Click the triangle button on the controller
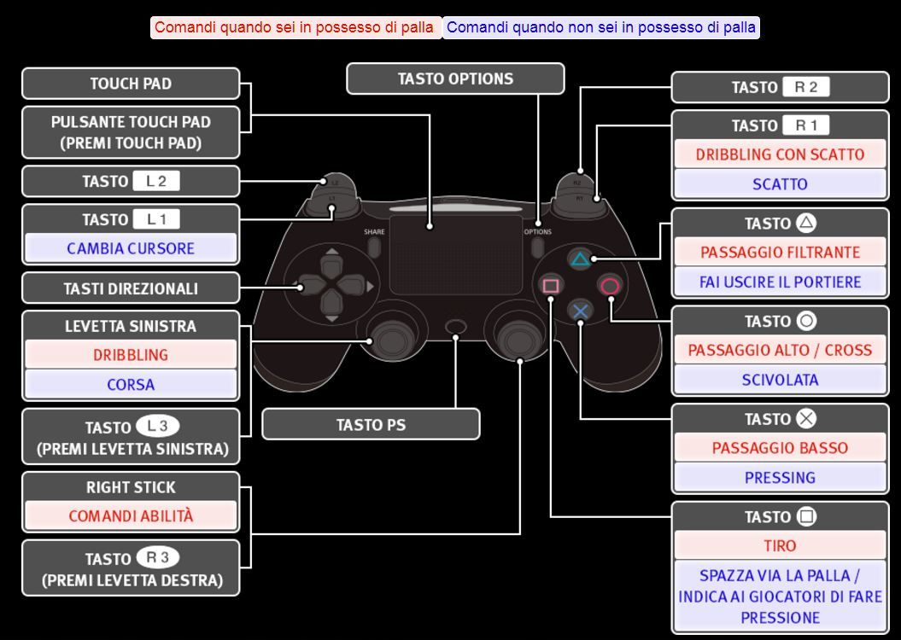click(581, 259)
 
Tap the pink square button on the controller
click(551, 286)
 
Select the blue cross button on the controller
click(581, 311)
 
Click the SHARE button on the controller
click(374, 246)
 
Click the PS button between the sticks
click(457, 327)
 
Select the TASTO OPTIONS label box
click(455, 79)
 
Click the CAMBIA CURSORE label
click(131, 248)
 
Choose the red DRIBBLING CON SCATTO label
click(779, 154)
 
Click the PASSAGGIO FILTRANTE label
click(779, 252)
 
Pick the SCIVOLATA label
click(779, 380)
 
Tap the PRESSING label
click(779, 477)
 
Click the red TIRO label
click(779, 545)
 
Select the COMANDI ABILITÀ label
click(131, 515)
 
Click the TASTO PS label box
click(371, 424)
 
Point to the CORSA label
click(131, 384)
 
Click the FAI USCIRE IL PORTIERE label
click(779, 282)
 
